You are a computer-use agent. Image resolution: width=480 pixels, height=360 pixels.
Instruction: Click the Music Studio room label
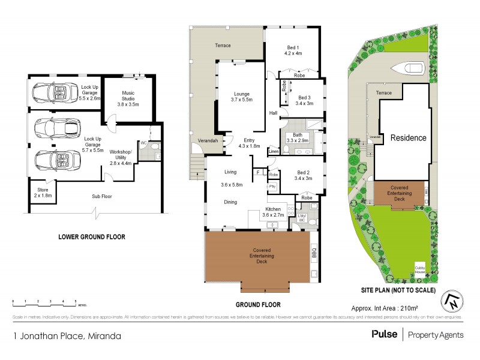pyautogui.click(x=127, y=98)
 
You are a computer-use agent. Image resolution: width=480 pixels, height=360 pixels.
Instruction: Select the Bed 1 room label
pyautogui.click(x=293, y=50)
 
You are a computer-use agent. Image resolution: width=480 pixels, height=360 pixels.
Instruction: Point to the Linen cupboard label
pyautogui.click(x=274, y=152)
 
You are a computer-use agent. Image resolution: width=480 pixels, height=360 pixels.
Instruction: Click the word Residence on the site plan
pyautogui.click(x=409, y=137)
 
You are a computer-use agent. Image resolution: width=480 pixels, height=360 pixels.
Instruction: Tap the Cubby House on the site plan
pyautogui.click(x=419, y=270)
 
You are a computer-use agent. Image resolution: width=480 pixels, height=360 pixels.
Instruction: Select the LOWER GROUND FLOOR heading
pyautogui.click(x=91, y=237)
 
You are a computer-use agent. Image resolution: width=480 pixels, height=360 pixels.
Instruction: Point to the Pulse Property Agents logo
pyautogui.click(x=413, y=335)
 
